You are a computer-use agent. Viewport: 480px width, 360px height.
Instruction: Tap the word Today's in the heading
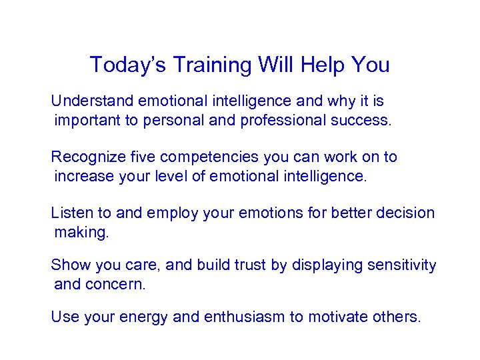pos(124,65)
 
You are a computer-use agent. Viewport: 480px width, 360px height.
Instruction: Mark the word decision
pos(406,213)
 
